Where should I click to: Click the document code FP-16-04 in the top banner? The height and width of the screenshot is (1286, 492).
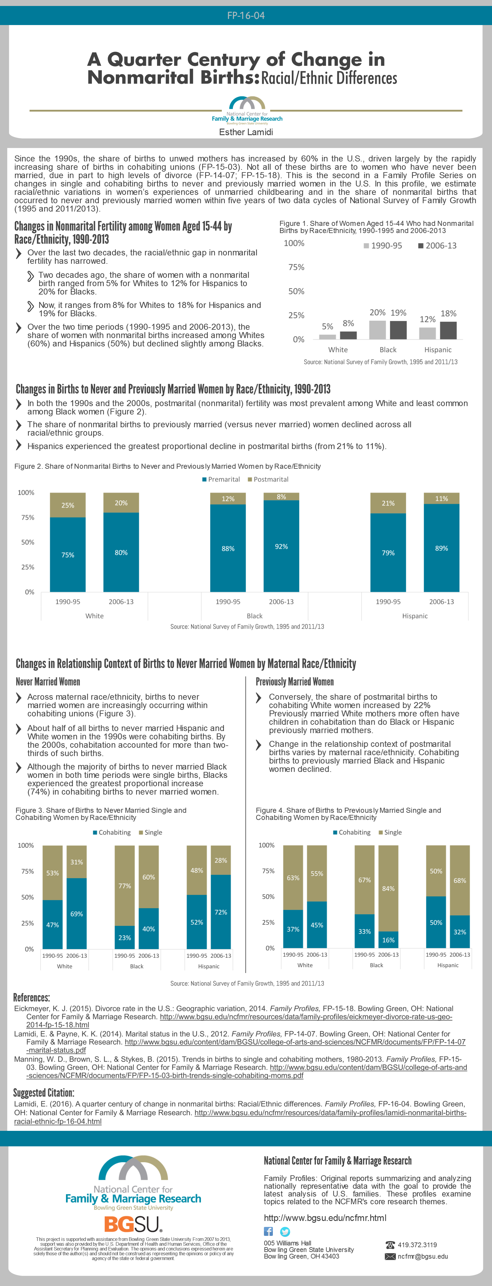(246, 16)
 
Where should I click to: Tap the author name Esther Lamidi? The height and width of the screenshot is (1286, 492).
(246, 132)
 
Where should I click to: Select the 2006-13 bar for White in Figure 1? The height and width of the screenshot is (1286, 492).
(348, 335)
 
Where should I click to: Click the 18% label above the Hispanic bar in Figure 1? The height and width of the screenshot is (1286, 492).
(448, 314)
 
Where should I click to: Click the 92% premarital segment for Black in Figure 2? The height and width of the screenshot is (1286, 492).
(281, 546)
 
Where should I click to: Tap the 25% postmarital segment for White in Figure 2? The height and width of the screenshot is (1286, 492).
(67, 505)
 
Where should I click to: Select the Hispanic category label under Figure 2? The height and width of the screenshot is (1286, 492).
(415, 616)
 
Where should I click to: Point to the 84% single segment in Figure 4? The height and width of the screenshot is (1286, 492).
(388, 888)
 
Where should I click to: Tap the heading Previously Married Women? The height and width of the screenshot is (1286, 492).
(295, 682)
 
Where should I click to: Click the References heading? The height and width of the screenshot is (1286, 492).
(31, 997)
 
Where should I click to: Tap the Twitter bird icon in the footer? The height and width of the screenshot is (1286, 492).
(285, 1232)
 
